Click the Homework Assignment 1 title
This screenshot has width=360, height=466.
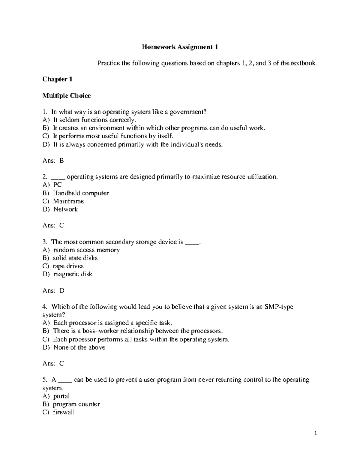(x=180, y=47)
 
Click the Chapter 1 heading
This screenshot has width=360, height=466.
(x=57, y=79)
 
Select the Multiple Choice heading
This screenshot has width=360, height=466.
(x=66, y=96)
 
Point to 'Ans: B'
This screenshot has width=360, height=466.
(x=53, y=161)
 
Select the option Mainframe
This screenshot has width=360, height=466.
(x=68, y=201)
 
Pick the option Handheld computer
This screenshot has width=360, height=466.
(x=81, y=193)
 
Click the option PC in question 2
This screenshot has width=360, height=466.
(x=57, y=185)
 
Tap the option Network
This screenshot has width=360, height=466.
(x=65, y=209)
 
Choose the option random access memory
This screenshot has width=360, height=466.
(x=86, y=250)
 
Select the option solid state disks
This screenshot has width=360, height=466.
(x=75, y=258)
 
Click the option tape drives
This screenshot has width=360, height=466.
(x=68, y=266)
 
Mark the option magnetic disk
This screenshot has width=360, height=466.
(x=73, y=274)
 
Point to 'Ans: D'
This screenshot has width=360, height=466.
(x=53, y=290)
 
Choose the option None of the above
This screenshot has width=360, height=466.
(x=79, y=347)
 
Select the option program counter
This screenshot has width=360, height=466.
(x=76, y=404)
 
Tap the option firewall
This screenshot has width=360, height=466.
(x=64, y=412)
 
